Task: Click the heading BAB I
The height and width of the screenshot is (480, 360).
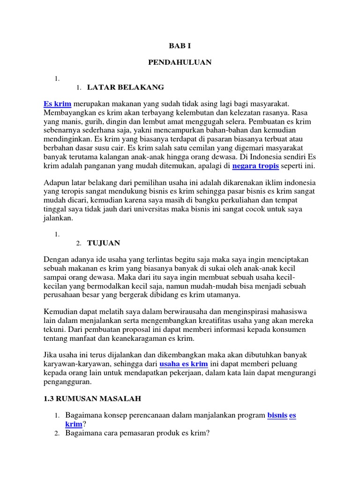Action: click(180, 45)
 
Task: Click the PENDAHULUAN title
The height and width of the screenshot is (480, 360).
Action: click(180, 62)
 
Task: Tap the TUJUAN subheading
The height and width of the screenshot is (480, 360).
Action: click(104, 243)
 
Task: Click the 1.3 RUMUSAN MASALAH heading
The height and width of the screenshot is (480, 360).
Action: click(92, 398)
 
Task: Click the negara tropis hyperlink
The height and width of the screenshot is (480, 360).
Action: click(255, 166)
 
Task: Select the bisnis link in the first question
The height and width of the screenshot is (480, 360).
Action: click(277, 415)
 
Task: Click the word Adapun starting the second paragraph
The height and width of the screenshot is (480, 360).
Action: click(58, 182)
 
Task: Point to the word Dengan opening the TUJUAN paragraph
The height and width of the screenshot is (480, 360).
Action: click(57, 259)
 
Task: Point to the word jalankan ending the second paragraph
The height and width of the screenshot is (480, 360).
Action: click(59, 218)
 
